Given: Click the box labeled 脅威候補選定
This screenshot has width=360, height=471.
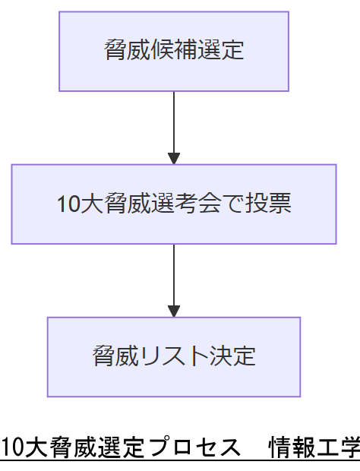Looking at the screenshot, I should [x=174, y=51].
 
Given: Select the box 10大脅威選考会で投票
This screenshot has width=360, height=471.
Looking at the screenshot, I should [x=174, y=204].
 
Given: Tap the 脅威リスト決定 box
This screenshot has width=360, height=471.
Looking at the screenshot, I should [x=174, y=356].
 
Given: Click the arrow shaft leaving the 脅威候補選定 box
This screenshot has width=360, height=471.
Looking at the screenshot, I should [x=174, y=122].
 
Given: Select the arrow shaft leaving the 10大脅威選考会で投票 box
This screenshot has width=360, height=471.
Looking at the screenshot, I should [x=174, y=273].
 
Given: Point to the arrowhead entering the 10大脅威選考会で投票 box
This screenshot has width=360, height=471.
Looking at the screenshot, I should [x=174, y=159].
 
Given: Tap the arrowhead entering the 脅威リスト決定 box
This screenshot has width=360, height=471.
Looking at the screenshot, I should [x=174, y=311].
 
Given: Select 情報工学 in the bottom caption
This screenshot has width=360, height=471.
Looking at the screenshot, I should [x=314, y=449].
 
